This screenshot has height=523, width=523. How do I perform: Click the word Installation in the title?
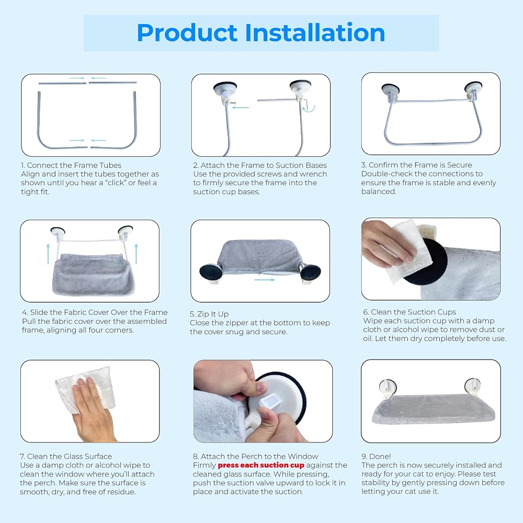coord(315,32)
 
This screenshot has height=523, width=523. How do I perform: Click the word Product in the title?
coord(187,32)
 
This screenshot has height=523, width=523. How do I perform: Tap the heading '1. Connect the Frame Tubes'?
coord(71,165)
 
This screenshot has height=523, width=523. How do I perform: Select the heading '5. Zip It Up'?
coord(209,314)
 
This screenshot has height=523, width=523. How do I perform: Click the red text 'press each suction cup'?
coord(261,465)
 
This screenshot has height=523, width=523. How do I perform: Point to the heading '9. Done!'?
coord(376,456)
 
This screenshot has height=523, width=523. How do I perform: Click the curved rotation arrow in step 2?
coord(309,107)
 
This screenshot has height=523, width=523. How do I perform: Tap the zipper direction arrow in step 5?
coord(265,279)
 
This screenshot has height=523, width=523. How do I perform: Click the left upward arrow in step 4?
coord(48,254)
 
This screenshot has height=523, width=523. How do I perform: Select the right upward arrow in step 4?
coord(136,254)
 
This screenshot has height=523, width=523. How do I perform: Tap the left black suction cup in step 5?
coord(209,272)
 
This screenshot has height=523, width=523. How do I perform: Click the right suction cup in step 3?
coord(473,89)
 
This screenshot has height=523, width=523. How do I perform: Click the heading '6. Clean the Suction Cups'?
coord(410,312)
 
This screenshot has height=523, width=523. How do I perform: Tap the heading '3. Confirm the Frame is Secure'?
coord(417,165)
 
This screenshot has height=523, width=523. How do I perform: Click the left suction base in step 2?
coord(225,90)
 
